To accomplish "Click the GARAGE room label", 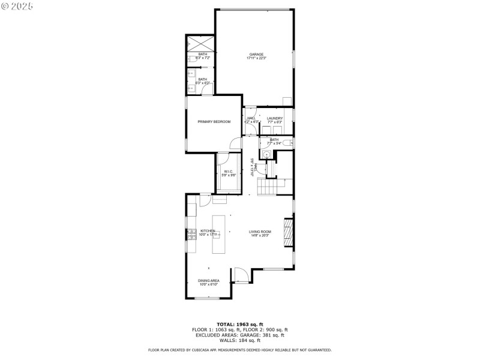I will (256, 54).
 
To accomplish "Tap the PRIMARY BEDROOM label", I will (214, 122).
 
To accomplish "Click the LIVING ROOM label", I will (260, 232).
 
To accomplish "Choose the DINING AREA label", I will (209, 280).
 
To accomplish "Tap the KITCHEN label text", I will (208, 231).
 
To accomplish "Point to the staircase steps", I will (266, 187).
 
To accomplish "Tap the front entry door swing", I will (241, 275).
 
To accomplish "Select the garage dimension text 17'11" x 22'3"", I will (256, 58).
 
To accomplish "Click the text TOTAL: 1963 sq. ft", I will (239, 324).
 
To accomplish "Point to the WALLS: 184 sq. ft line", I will (239, 340).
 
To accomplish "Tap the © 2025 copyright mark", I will (17, 5).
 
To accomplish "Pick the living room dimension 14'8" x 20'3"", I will (260, 236).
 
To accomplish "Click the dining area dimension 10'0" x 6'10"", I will (209, 284).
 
